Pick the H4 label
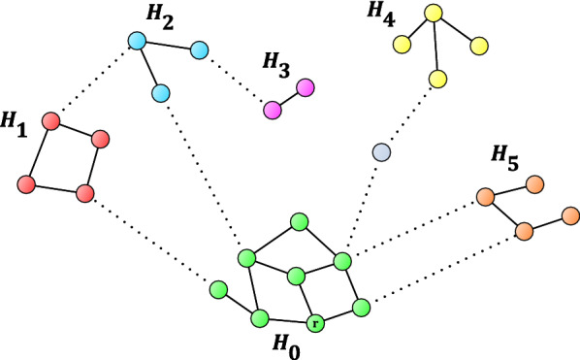tap(379, 13)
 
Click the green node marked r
tap(314, 322)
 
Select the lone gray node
tap(382, 152)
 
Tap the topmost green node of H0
tap(300, 221)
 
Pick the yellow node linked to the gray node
tap(438, 78)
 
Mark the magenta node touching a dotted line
tap(274, 109)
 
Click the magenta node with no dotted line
tap(306, 87)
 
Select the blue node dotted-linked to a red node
tap(137, 41)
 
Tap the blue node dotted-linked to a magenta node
tap(201, 49)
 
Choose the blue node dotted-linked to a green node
tap(162, 93)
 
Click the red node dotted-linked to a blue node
tap(52, 122)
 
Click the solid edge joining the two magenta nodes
tap(289, 98)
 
